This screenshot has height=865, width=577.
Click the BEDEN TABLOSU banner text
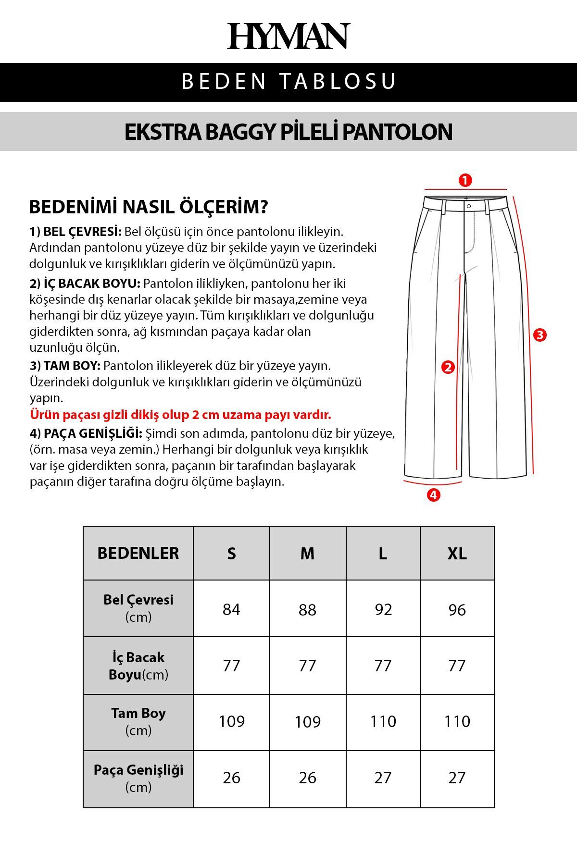click(288, 81)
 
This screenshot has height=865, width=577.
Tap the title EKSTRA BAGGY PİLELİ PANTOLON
click(288, 132)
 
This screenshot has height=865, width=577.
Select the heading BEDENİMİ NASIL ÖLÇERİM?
click(149, 207)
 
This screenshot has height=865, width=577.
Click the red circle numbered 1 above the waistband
click(465, 180)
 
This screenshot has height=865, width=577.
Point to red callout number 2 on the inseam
click(448, 367)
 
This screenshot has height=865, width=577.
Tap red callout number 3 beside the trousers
click(540, 335)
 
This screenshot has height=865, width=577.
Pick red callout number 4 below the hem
click(433, 494)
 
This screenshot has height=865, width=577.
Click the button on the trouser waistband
click(469, 206)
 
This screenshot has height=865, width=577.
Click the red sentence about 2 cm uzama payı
click(180, 414)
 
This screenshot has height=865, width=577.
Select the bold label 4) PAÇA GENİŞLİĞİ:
click(86, 433)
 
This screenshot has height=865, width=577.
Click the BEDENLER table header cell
click(138, 553)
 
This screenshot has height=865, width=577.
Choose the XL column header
click(457, 554)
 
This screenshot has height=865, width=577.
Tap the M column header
click(307, 554)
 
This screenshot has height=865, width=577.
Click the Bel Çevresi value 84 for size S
click(231, 609)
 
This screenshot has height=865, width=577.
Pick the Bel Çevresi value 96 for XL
click(457, 609)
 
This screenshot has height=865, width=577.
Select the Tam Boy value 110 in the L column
click(383, 721)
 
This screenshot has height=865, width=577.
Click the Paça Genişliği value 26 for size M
click(307, 778)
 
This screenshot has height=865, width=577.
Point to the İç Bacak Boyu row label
click(138, 666)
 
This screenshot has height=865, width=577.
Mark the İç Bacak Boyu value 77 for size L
click(383, 666)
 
